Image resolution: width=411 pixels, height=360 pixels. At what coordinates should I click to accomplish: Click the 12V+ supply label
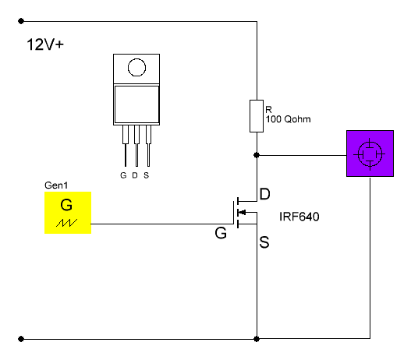click(45, 44)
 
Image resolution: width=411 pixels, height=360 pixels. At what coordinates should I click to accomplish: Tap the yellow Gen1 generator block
click(68, 213)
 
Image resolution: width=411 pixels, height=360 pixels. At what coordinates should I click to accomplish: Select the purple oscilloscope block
click(370, 154)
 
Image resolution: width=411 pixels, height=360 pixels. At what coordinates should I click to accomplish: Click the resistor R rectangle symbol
click(257, 116)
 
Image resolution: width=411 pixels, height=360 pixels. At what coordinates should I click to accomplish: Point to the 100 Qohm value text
click(289, 119)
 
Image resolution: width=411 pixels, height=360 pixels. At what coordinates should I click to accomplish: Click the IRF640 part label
click(299, 217)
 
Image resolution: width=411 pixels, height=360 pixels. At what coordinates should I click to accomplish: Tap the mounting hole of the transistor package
click(136, 67)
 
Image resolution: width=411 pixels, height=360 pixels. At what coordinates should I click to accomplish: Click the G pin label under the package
click(123, 175)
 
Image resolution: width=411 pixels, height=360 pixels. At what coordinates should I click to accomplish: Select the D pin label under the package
click(135, 175)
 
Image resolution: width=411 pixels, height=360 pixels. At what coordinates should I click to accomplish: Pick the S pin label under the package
click(147, 175)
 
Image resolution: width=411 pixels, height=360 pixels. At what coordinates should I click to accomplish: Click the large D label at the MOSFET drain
click(264, 194)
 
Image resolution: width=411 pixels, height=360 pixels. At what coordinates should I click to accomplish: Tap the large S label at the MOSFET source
click(264, 242)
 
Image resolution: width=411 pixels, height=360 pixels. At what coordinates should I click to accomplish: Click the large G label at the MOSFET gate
click(221, 232)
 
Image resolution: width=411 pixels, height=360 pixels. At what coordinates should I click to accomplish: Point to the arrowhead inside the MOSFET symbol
click(243, 212)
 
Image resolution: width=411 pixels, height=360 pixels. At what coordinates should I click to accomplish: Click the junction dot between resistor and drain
click(257, 155)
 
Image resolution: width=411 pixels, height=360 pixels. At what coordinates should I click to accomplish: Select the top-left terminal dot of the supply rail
click(21, 21)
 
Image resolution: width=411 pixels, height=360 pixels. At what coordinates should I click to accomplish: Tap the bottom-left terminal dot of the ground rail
click(21, 339)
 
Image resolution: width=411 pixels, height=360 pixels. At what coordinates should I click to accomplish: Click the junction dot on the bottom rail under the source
click(257, 339)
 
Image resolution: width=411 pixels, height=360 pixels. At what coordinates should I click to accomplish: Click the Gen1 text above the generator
click(56, 185)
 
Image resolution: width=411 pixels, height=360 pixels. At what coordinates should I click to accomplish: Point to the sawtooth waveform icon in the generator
click(66, 223)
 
